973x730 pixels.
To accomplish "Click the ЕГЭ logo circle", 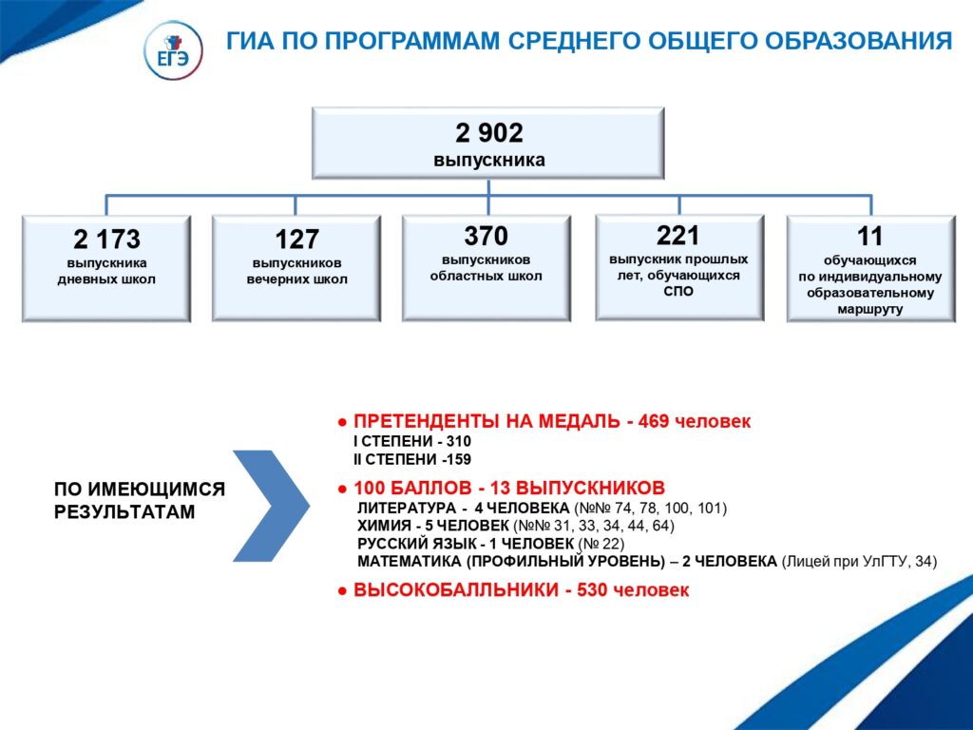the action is coord(173,50).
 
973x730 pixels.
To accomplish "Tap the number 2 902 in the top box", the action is coord(489,133).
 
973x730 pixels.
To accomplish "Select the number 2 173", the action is coord(106,239).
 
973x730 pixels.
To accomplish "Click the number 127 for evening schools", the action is coord(296,239).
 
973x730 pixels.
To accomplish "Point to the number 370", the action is coord(486,236).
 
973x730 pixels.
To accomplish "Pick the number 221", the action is coord(678,236).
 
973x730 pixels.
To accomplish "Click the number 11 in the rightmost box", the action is coord(869,237).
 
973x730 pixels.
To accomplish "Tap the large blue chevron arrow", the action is coord(271,506).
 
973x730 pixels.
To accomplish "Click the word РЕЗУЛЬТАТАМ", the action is coord(124,512).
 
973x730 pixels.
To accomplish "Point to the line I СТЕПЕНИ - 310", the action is coord(412,441).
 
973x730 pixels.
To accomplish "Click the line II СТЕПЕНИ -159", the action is coord(412,459).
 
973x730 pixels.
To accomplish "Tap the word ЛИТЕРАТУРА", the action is coord(407,509).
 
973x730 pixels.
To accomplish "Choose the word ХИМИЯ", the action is coord(384,526).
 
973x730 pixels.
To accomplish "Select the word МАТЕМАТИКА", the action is coord(410,562).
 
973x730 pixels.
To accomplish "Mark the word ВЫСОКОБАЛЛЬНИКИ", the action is coord(456,589).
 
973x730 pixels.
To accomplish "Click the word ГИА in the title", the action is coord(250,41).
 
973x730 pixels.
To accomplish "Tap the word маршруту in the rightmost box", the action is coord(870,309).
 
